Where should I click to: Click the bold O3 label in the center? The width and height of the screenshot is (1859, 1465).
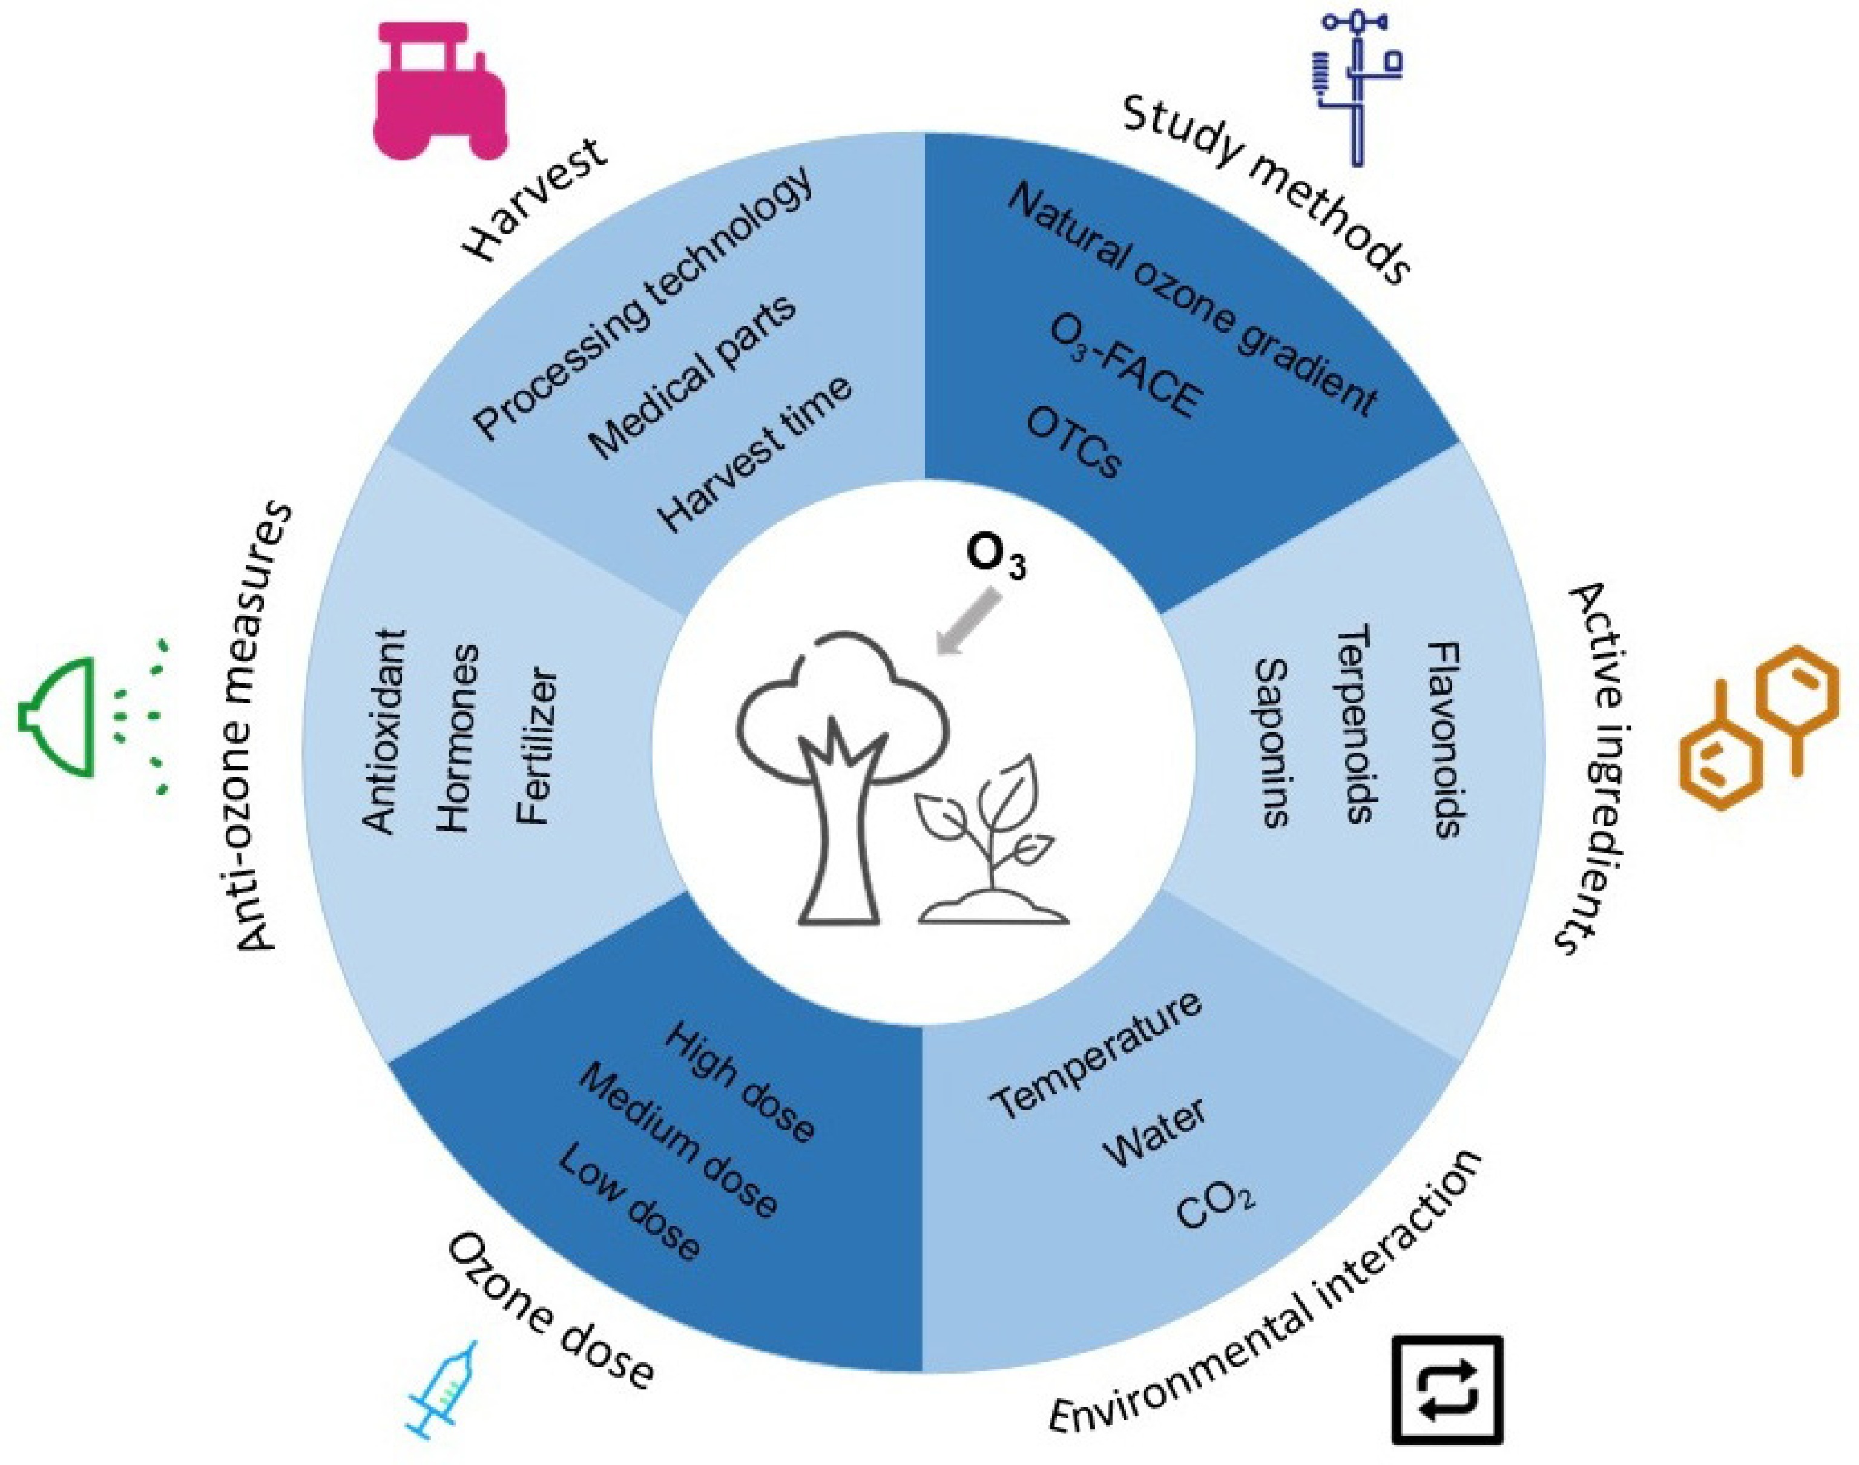[995, 559]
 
